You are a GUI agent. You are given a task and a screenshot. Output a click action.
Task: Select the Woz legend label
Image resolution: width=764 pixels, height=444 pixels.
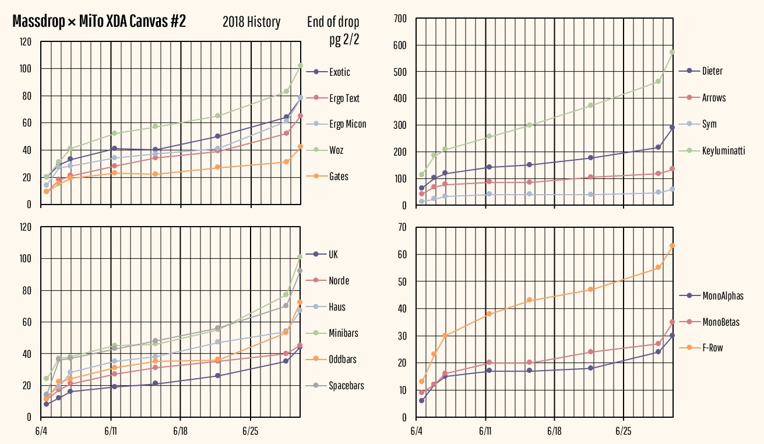pyautogui.click(x=336, y=150)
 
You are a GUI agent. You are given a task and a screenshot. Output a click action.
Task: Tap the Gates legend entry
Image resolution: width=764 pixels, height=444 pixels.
pyautogui.click(x=339, y=177)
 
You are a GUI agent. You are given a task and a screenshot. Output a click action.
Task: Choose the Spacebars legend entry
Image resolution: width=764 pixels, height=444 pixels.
pyautogui.click(x=346, y=386)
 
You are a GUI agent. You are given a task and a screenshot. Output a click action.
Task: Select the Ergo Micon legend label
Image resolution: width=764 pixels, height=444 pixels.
pyautogui.click(x=347, y=124)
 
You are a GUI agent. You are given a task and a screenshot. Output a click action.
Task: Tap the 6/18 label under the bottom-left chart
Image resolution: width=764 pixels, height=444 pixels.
pyautogui.click(x=180, y=431)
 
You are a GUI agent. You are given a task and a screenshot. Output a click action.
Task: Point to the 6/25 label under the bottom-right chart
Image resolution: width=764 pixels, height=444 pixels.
pyautogui.click(x=624, y=431)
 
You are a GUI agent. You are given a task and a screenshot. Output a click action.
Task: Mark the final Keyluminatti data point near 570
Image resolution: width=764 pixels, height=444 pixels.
pyautogui.click(x=672, y=52)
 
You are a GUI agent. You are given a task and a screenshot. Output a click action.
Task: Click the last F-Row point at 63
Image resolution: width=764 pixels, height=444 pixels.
pyautogui.click(x=672, y=245)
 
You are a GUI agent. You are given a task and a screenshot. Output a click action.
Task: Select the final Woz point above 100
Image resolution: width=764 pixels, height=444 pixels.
pyautogui.click(x=301, y=65)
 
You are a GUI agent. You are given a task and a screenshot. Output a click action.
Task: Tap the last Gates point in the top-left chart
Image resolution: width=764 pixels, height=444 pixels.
pyautogui.click(x=301, y=147)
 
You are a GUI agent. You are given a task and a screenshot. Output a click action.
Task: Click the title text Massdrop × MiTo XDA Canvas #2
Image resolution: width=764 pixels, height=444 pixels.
pyautogui.click(x=99, y=22)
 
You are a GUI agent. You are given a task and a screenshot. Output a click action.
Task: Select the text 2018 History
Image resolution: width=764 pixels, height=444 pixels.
pyautogui.click(x=251, y=23)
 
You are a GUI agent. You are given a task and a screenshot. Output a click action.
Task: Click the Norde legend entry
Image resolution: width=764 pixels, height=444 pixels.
pyautogui.click(x=339, y=281)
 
